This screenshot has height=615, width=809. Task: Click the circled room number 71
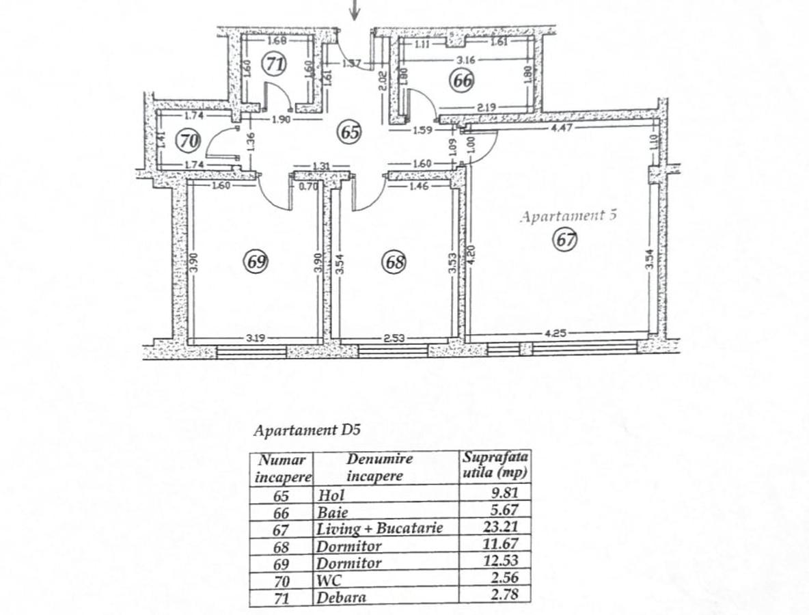coord(273,64)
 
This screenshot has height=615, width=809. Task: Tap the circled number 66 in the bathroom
coord(462,81)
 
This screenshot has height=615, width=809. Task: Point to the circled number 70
coord(188,140)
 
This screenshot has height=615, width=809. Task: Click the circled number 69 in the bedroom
coord(256,262)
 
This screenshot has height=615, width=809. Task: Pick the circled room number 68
coord(394,262)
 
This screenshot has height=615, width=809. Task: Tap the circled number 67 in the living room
coord(565,240)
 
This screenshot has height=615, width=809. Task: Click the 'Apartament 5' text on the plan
coord(568,216)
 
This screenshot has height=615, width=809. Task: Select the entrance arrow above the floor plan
coord(355,10)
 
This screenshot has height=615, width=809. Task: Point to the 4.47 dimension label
coord(562,127)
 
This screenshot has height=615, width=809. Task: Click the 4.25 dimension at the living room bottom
coord(555,333)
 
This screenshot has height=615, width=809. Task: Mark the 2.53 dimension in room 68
coord(394,339)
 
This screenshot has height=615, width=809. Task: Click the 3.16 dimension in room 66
coord(466,60)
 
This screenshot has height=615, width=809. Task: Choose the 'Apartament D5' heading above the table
coord(307,430)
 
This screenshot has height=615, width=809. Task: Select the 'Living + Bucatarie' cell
coord(380,528)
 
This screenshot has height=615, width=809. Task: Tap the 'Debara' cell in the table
coord(341,597)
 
